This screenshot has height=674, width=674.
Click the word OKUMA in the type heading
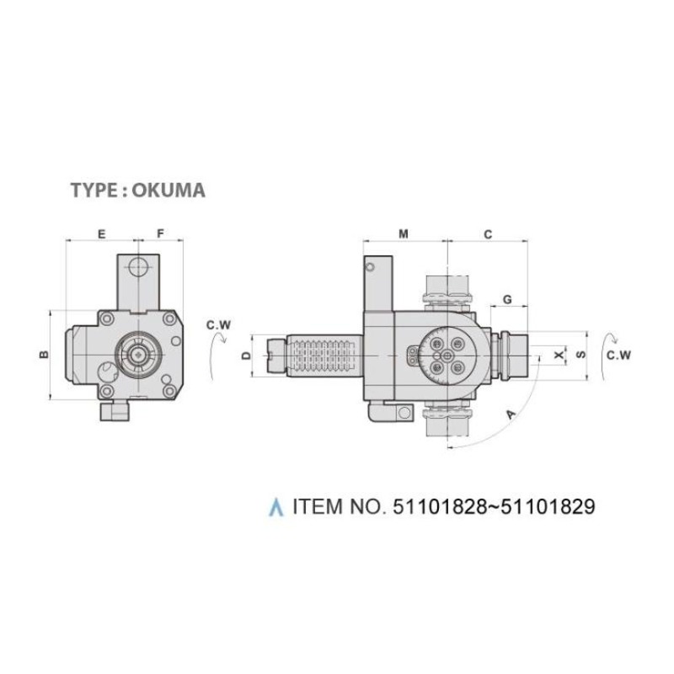(168, 190)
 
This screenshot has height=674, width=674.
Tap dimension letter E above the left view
(101, 234)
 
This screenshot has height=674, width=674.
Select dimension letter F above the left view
(160, 234)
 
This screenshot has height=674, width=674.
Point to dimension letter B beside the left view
(44, 355)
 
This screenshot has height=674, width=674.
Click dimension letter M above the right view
(404, 234)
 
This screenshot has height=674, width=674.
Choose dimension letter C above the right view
(488, 235)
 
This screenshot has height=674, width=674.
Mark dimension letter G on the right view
(508, 300)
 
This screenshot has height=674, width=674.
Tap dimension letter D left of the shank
(246, 356)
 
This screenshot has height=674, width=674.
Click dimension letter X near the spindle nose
(559, 355)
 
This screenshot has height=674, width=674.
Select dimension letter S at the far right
(581, 355)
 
